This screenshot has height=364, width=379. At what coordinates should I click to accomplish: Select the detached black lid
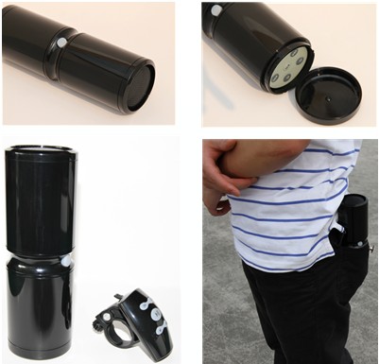328,95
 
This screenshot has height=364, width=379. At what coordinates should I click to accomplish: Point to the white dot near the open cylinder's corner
216,10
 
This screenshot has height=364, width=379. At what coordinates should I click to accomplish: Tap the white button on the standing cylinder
66,260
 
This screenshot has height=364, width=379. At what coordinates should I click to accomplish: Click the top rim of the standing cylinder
40,151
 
